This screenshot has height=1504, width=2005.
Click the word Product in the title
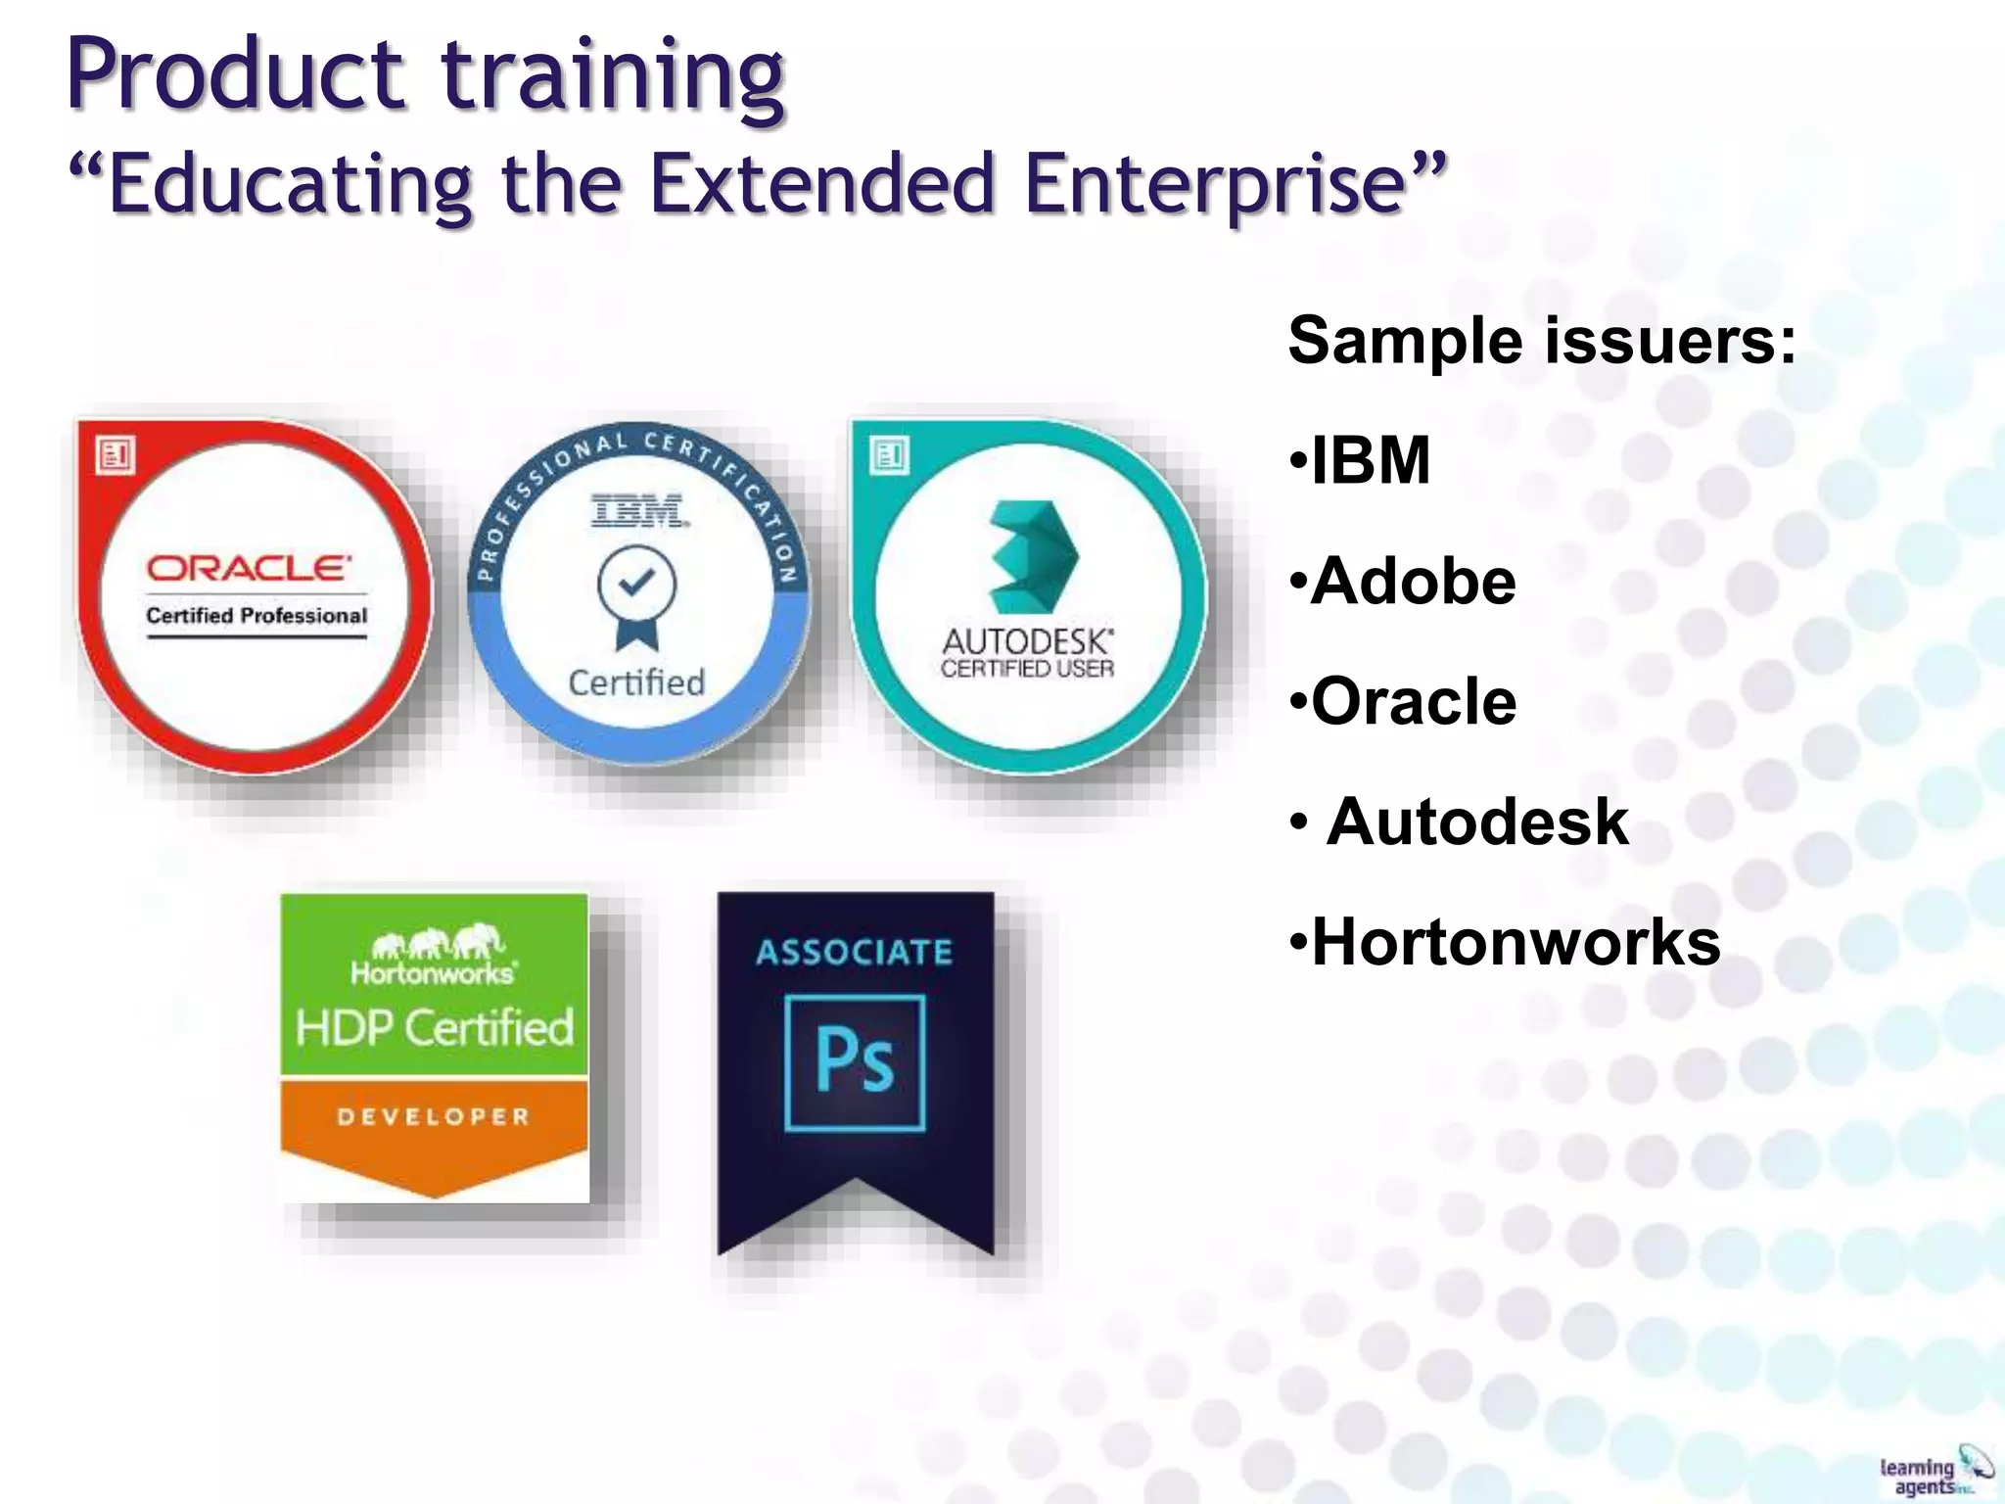click(x=235, y=76)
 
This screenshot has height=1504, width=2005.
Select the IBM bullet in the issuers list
click(x=1369, y=460)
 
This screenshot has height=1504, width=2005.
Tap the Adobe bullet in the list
click(x=1412, y=581)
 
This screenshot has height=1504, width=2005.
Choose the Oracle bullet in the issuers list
click(x=1412, y=701)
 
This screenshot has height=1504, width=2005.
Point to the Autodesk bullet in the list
click(x=1476, y=822)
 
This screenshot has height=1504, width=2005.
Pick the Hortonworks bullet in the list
click(x=1514, y=942)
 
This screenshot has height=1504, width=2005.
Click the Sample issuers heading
click(x=1541, y=341)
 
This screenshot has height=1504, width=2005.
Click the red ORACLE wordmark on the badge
click(x=249, y=568)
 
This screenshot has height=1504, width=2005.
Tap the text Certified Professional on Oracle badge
click(x=256, y=616)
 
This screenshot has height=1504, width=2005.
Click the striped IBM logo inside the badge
click(x=638, y=511)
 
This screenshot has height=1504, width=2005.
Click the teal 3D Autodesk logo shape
click(x=1033, y=556)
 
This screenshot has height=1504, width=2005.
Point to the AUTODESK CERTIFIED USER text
click(x=1027, y=654)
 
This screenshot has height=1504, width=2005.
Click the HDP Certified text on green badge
click(x=435, y=1028)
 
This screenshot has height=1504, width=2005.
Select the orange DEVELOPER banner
click(x=434, y=1117)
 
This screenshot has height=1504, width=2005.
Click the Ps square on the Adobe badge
click(x=855, y=1062)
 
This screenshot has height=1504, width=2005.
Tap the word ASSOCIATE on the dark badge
click(x=854, y=952)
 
